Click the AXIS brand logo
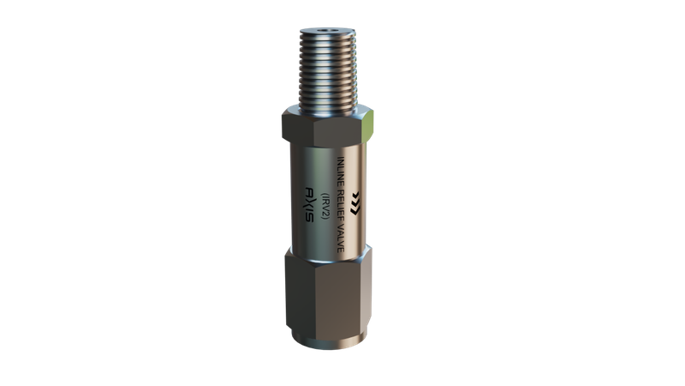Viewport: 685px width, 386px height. pos(309,204)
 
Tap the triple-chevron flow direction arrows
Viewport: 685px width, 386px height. pos(355,203)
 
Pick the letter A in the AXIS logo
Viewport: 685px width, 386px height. pos(309,191)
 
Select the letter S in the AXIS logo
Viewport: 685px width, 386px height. pos(309,217)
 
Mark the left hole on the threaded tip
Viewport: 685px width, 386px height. pos(324,31)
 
